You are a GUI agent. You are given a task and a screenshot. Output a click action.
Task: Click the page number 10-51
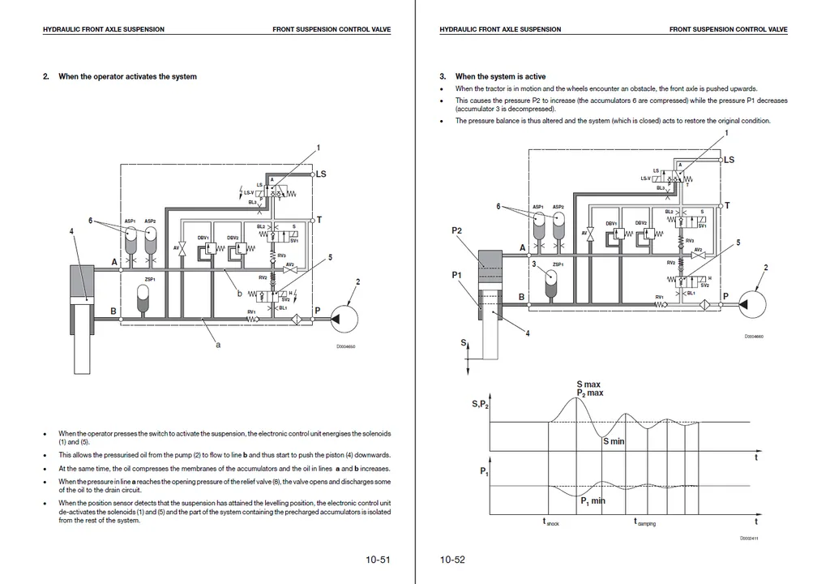pyautogui.click(x=379, y=560)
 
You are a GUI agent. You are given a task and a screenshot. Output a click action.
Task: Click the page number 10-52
pyautogui.click(x=452, y=560)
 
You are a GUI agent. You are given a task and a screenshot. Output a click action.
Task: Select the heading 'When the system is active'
pyautogui.click(x=500, y=77)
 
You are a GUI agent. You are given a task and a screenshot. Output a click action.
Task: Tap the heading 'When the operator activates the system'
pyautogui.click(x=127, y=77)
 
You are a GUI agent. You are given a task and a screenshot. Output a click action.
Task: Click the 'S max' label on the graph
pyautogui.click(x=588, y=384)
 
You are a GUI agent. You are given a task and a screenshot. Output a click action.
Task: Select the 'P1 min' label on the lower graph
pyautogui.click(x=593, y=501)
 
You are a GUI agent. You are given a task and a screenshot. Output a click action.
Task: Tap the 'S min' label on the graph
pyautogui.click(x=614, y=441)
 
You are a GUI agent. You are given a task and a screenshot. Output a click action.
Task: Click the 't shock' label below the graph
pyautogui.click(x=551, y=523)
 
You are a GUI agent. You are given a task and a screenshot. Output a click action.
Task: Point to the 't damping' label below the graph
pyautogui.click(x=644, y=523)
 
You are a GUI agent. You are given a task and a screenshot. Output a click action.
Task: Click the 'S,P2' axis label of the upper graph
pyautogui.click(x=480, y=405)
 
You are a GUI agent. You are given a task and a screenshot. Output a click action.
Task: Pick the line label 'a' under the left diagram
pyautogui.click(x=218, y=345)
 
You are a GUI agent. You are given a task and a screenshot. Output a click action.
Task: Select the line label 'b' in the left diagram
pyautogui.click(x=239, y=294)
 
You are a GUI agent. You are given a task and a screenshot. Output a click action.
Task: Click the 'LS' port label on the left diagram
pyautogui.click(x=321, y=174)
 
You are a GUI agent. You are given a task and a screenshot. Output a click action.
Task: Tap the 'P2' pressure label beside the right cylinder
pyautogui.click(x=456, y=231)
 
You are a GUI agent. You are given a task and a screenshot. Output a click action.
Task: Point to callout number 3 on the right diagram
pyautogui.click(x=533, y=264)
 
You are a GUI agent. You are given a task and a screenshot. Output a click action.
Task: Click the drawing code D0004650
pyautogui.click(x=345, y=347)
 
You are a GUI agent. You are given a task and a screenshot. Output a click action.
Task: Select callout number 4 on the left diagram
pyautogui.click(x=72, y=231)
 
